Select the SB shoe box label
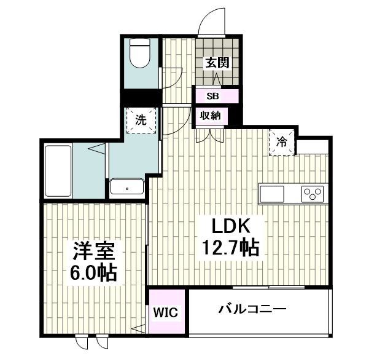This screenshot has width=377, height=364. click(x=212, y=96)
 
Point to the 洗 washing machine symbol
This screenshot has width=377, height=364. click(x=141, y=121)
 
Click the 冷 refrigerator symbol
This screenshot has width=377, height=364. click(x=282, y=142)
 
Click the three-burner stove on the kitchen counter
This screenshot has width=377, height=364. click(x=312, y=194)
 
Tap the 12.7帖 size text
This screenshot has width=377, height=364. click(x=230, y=247)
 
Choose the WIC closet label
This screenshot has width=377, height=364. click(x=166, y=312)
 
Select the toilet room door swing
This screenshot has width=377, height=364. click(x=172, y=76)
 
